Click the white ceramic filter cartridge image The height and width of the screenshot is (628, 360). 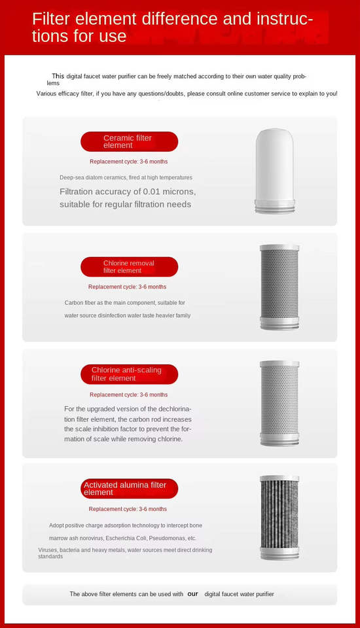tap(275, 171)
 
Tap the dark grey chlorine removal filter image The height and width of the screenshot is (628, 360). tap(279, 287)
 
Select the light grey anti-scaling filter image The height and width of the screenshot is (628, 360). tap(279, 404)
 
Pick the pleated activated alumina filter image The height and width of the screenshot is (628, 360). tap(279, 517)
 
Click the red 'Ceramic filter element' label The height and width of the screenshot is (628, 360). tap(129, 141)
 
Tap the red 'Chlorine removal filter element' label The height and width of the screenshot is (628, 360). tap(129, 267)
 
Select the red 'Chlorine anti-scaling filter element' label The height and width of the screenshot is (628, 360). tap(129, 374)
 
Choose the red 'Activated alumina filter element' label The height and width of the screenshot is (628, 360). tap(129, 489)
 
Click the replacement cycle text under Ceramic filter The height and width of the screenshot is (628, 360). tap(129, 162)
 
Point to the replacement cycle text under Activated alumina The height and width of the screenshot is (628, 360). tap(128, 509)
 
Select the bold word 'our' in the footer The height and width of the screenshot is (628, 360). tap(193, 594)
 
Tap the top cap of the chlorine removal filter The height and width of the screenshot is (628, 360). tap(279, 248)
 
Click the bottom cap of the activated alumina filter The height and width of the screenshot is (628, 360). tap(279, 554)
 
